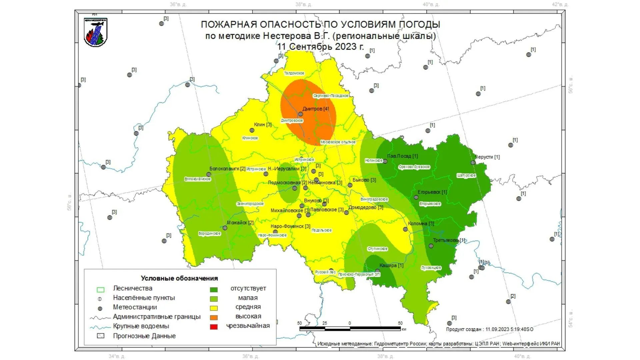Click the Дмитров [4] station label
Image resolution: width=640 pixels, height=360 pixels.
coord(315,109)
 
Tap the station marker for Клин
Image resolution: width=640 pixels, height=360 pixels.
coord(252,130)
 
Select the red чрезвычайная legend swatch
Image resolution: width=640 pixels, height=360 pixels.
coord(214,327)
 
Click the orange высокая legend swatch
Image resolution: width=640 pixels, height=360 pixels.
coord(214,318)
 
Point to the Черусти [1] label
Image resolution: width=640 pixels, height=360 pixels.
coord(487,157)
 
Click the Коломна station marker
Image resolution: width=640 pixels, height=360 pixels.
coord(405,229)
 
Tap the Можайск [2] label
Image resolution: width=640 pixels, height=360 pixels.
coord(240,223)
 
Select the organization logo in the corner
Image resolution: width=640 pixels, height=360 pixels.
coord(96,32)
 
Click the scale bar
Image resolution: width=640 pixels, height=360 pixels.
coord(350,328)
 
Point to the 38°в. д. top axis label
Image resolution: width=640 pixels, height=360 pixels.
coord(304,5)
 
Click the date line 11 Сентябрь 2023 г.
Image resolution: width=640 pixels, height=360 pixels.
coord(320,47)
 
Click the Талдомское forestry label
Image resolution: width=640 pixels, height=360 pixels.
coord(294,73)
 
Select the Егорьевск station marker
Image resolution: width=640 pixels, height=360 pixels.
coord(416,197)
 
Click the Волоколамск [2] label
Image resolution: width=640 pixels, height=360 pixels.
coord(227,169)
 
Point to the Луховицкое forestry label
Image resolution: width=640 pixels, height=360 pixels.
coord(431,268)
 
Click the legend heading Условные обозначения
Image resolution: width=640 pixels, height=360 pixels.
coord(179,278)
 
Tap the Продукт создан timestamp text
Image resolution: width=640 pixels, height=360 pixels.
coord(489,329)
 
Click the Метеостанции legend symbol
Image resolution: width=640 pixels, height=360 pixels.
coord(100,309)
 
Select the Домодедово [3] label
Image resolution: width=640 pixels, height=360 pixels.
coord(366,207)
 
